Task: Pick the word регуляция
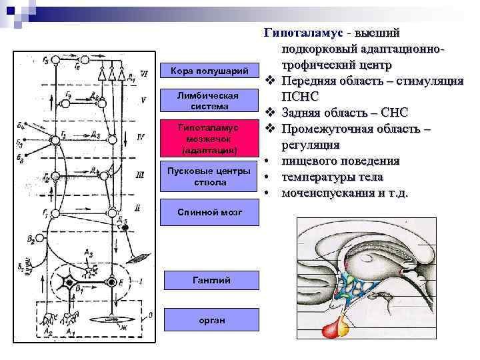[x=310, y=145]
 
